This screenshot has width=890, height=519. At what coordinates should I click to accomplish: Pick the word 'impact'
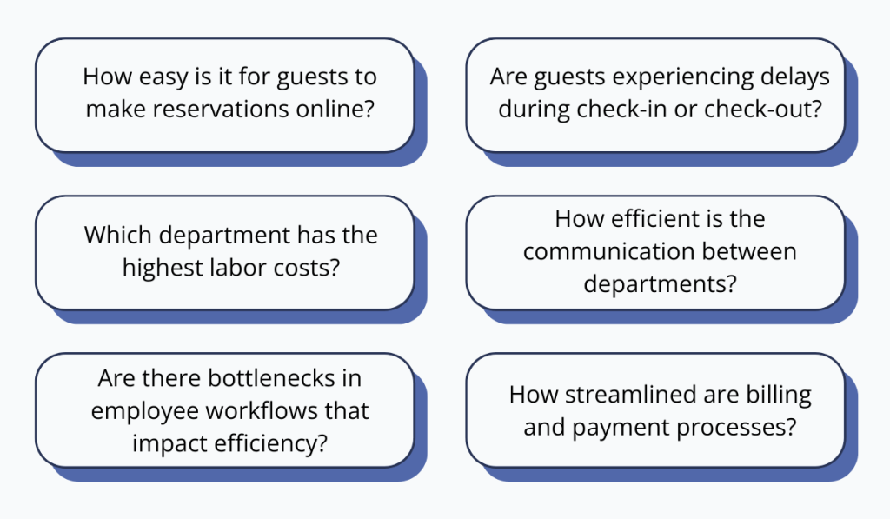168,442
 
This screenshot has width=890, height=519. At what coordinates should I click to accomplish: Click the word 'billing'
776,394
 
